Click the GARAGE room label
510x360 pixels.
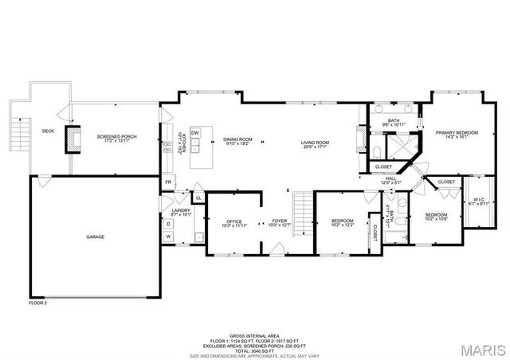96,237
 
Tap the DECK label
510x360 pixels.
48,131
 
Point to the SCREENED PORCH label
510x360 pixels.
116,136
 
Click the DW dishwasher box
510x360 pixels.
194,133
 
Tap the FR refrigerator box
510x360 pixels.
168,182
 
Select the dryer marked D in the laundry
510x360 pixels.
168,224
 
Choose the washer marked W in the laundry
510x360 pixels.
168,237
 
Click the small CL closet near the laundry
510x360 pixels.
197,198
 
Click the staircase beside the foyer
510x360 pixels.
302,209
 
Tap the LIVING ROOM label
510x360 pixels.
315,143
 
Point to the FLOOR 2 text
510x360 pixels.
38,303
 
